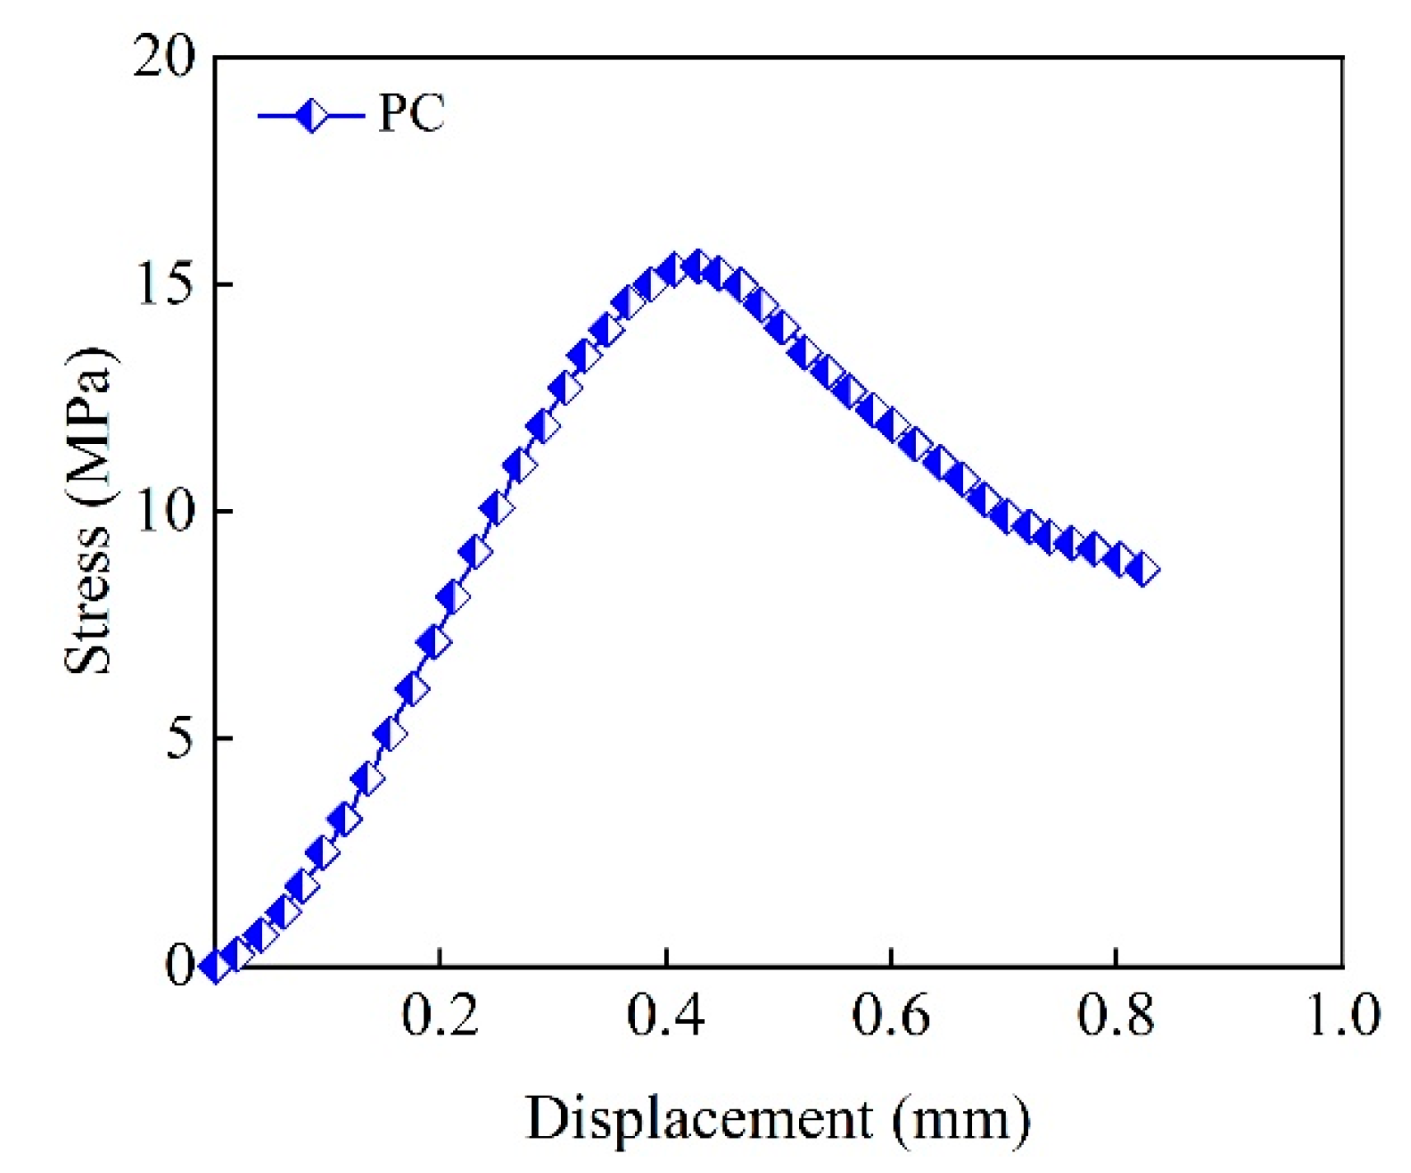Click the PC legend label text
click(x=411, y=113)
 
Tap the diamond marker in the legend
click(x=311, y=115)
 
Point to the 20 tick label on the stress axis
click(x=165, y=59)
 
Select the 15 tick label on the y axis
click(x=165, y=285)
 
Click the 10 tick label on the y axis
click(x=165, y=512)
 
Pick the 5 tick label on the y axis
click(x=180, y=739)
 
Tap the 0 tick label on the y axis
click(x=180, y=965)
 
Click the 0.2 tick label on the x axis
click(x=440, y=1016)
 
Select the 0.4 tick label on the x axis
click(x=666, y=1016)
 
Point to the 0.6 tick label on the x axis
click(x=890, y=1016)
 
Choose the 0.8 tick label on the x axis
click(x=1115, y=1016)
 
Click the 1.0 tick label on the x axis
click(x=1343, y=1016)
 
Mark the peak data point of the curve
click(x=697, y=266)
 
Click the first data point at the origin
click(x=216, y=965)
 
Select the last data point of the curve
click(x=1143, y=570)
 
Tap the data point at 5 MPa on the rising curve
click(x=390, y=734)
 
